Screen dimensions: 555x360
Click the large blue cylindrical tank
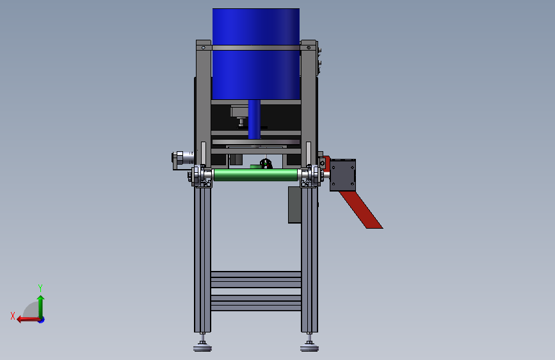(x=256, y=54)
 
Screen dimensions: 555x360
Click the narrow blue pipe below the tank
(x=254, y=119)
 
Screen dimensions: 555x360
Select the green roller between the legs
(x=255, y=175)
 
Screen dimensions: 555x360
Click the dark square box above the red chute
(x=342, y=175)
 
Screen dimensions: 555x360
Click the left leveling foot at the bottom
(x=202, y=345)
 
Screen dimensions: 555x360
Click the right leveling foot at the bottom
(x=309, y=345)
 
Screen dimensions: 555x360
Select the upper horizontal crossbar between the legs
(x=256, y=279)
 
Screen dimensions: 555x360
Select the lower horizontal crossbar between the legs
(x=256, y=303)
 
